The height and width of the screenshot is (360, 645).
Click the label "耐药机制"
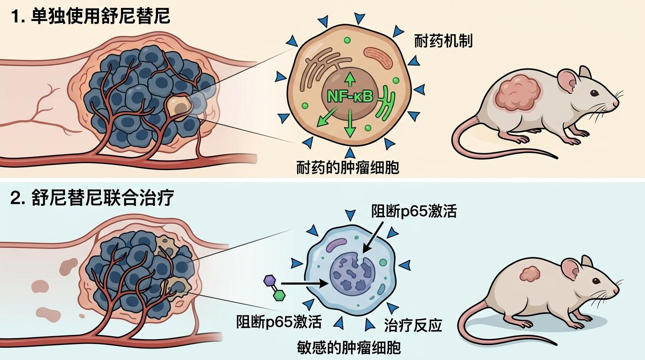443,41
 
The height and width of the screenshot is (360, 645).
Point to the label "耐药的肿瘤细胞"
348,167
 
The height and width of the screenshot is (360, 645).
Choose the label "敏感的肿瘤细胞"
349,348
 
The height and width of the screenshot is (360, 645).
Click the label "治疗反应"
413,325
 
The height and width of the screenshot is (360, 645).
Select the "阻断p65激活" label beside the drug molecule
279,322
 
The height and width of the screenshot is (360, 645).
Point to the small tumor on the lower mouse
530,274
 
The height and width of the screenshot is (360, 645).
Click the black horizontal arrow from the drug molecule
305,283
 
